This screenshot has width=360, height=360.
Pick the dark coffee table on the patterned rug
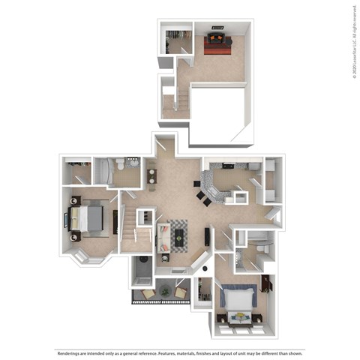click(178, 237)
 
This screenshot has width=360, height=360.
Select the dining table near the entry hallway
click(151, 176)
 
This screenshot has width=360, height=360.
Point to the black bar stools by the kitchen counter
click(202, 193)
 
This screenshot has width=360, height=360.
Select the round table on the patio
click(165, 292)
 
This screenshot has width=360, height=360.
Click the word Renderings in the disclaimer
click(69, 352)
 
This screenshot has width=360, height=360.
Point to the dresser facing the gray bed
click(115, 221)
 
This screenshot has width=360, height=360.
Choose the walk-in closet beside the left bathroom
click(76, 172)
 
